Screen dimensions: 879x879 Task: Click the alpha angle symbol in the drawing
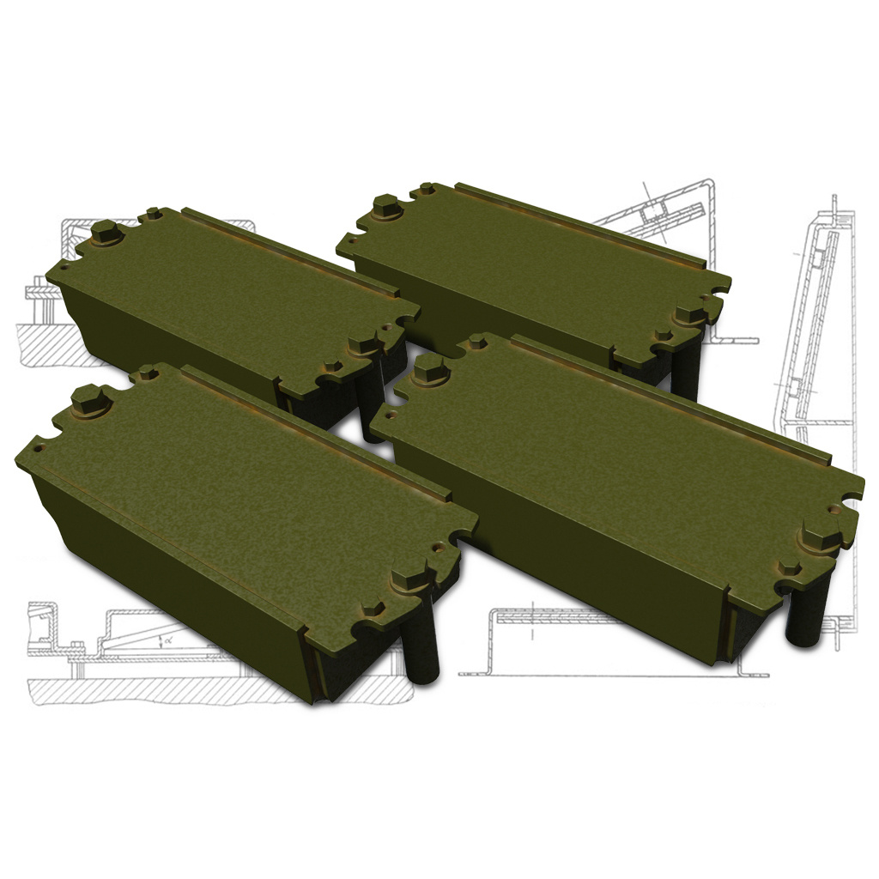coord(167,640)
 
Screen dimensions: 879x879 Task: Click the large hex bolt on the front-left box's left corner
coord(88,399)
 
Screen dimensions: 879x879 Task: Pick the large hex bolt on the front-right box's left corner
coord(428,371)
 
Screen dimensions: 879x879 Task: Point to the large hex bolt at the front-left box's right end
coord(411,577)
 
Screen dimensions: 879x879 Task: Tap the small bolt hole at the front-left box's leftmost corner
coord(39,447)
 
